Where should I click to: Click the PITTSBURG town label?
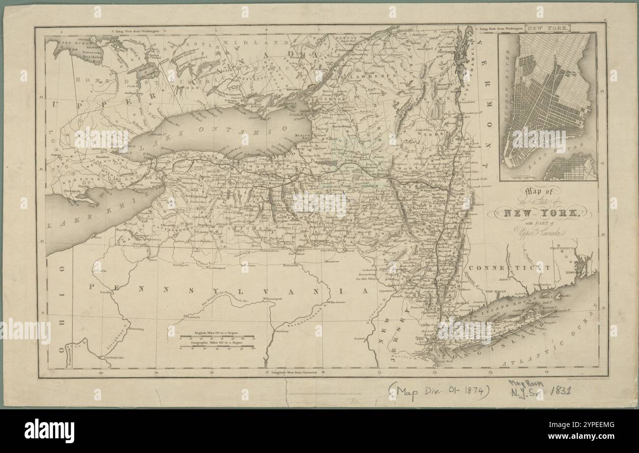[x=113, y=359]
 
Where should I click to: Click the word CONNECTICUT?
[x=509, y=268]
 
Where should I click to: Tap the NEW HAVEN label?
[x=496, y=292]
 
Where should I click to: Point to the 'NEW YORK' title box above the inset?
[x=547, y=28]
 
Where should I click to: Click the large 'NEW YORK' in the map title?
[x=539, y=213]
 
